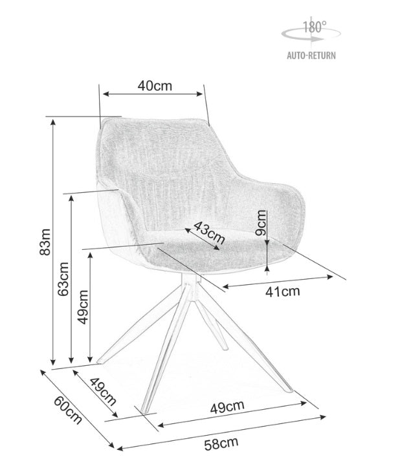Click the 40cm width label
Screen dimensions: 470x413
(x=155, y=85)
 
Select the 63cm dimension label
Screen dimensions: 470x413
(x=63, y=278)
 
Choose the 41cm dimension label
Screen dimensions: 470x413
(x=284, y=291)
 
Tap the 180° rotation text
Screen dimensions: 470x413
(x=315, y=28)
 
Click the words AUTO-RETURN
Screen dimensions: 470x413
(x=311, y=56)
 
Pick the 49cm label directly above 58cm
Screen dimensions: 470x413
(x=227, y=407)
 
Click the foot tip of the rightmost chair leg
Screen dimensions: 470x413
(x=289, y=390)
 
